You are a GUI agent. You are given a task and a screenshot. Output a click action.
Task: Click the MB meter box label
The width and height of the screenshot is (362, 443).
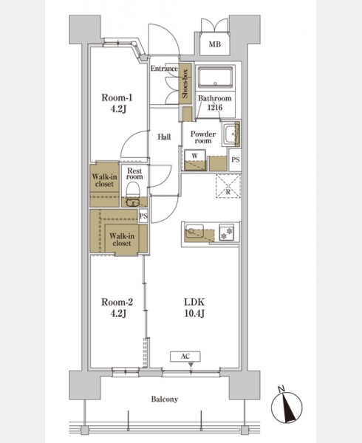215,44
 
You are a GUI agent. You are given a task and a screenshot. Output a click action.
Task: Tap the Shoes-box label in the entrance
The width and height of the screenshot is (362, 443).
185,84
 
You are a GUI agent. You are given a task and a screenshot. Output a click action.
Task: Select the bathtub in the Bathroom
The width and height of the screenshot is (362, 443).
215,77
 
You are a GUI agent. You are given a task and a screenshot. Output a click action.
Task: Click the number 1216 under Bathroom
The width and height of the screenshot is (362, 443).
215,107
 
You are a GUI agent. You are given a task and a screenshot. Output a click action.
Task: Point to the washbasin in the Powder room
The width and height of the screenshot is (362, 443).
231,134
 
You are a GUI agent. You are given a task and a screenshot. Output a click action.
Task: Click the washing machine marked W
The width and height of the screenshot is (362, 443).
195,160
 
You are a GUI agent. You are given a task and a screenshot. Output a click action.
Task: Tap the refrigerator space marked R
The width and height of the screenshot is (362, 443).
228,186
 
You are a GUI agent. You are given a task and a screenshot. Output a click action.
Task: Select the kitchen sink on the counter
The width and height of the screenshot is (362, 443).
194,231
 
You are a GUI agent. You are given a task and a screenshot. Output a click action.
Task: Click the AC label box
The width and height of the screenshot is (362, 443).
185,357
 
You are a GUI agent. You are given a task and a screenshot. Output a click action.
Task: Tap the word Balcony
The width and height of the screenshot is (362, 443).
165,399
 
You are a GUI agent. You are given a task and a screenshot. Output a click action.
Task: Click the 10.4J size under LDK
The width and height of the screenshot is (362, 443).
194,314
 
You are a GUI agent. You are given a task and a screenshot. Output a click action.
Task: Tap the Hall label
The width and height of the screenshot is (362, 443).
164,137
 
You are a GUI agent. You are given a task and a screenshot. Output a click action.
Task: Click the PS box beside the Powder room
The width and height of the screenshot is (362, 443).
235,159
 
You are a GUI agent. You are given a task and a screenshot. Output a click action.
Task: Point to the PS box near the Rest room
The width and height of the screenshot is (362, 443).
143,216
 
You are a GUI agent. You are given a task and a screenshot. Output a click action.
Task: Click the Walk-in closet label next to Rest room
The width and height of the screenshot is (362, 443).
105,180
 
